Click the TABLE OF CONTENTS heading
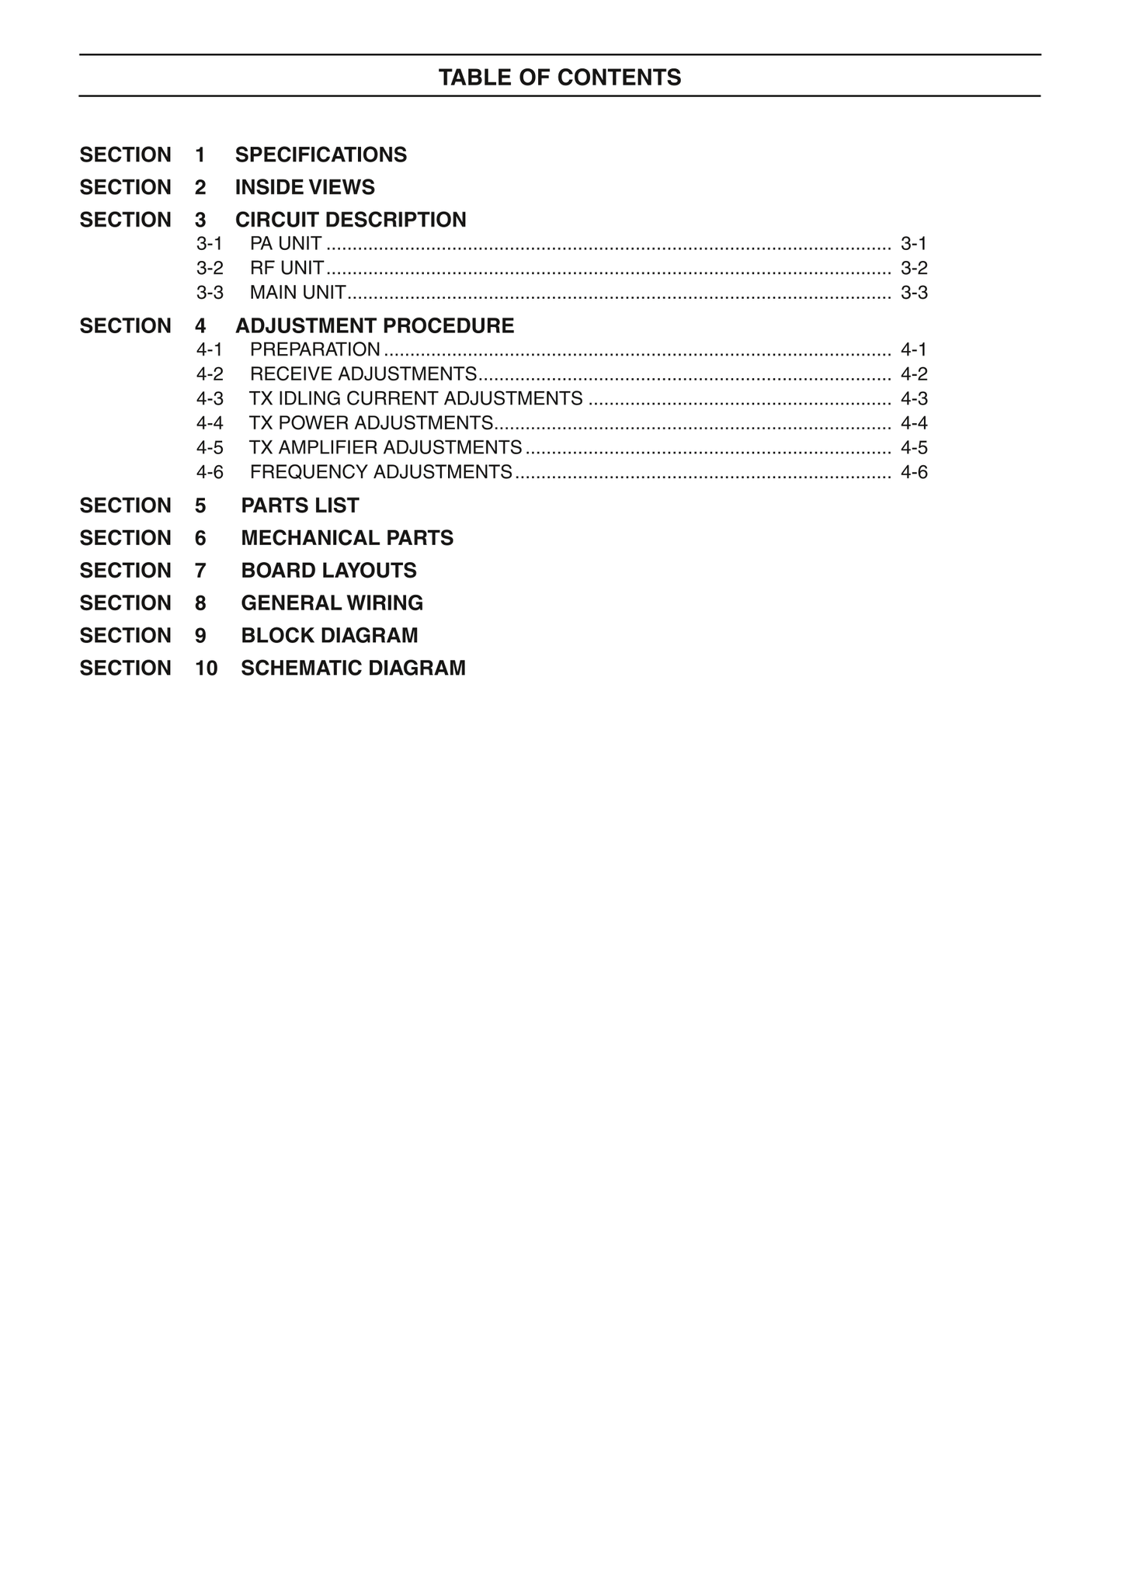click(560, 78)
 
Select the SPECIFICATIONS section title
click(321, 155)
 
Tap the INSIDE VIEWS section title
click(305, 188)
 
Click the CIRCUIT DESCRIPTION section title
click(351, 221)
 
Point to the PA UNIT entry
click(286, 244)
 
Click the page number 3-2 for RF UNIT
click(914, 269)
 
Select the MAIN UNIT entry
click(298, 293)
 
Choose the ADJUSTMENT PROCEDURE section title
click(375, 326)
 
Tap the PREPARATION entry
click(315, 350)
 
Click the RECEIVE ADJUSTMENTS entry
click(363, 374)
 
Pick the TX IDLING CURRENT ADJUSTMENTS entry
click(416, 399)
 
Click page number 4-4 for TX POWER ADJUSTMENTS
click(914, 423)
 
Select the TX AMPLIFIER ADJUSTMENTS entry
click(386, 448)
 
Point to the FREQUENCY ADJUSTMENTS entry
click(381, 473)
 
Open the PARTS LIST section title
click(300, 506)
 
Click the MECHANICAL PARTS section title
click(347, 539)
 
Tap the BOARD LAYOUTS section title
click(328, 571)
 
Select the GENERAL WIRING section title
click(332, 603)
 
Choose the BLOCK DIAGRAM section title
click(329, 636)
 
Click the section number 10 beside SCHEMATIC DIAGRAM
click(206, 668)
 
